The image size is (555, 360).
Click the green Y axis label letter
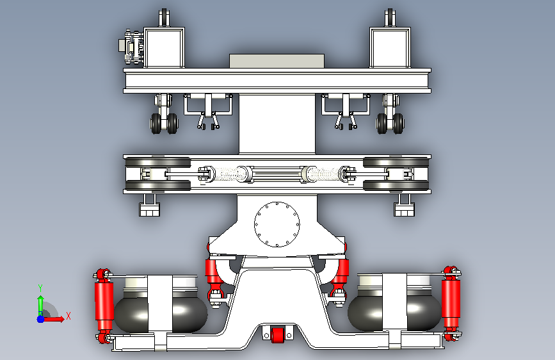coord(40,288)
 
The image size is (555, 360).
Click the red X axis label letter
coord(68,316)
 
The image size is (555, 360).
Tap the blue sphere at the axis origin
coord(41,319)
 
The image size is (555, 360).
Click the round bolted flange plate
coord(277,224)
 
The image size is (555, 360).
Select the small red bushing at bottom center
coord(278,335)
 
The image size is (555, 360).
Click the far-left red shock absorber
coord(104,306)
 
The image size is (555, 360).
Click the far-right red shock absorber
coord(451,303)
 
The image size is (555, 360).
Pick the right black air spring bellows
coord(395,312)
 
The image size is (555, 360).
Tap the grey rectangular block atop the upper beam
coord(277,61)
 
